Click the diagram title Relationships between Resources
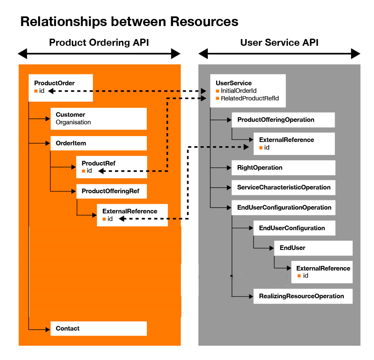pos(129,22)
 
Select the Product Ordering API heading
pos(99,43)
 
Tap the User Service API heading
pos(279,43)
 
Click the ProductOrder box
pos(60,87)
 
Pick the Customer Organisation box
pos(98,118)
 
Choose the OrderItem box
pos(98,143)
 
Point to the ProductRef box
pos(111,167)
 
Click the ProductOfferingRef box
pos(111,191)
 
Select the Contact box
pos(98,328)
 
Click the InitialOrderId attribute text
pos(238,91)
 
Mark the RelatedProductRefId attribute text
pos(250,98)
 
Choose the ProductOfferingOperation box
pos(283,120)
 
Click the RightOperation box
pos(283,168)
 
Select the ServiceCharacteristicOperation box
pos(283,187)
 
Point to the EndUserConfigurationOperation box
pos(283,208)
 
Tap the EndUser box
pos(313,248)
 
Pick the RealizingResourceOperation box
pos(302,296)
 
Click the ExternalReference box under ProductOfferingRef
pos(132,215)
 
